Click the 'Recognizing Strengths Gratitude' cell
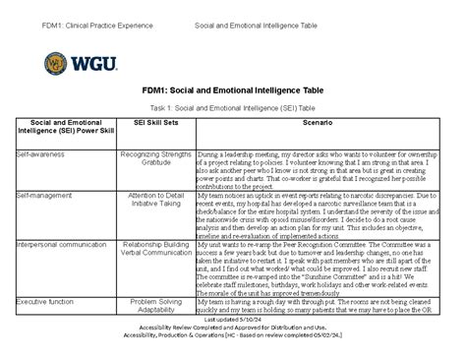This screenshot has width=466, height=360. pyautogui.click(x=152, y=158)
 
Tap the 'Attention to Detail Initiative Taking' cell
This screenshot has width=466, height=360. pyautogui.click(x=152, y=200)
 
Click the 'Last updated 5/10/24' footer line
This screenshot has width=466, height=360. pyautogui.click(x=232, y=320)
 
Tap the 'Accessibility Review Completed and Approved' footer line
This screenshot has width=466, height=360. pyautogui.click(x=232, y=328)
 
